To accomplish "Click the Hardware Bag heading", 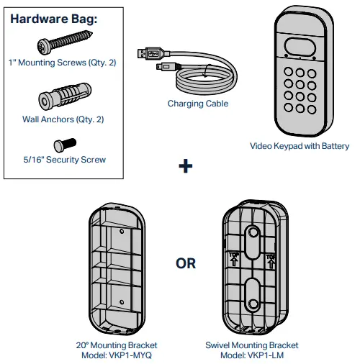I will [54, 19].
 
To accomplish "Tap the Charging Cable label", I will [197, 104].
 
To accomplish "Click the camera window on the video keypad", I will [301, 47].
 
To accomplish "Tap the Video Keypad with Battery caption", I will [300, 146].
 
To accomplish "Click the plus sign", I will [186, 166].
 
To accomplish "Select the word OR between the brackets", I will [186, 263].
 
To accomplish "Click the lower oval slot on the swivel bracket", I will [252, 294].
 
